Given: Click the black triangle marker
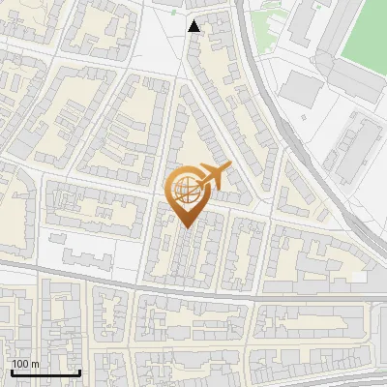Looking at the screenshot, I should [194, 26].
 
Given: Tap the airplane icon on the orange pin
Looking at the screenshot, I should [212, 177].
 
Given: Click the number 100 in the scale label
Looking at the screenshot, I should [21, 364].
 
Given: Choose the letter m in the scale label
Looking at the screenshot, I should [35, 364].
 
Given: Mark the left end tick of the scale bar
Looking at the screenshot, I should [12, 372].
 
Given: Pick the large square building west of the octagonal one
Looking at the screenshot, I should [303, 89].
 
